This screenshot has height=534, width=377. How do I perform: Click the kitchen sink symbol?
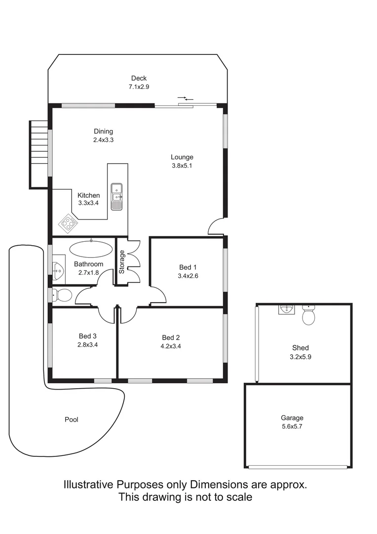pos(116,197)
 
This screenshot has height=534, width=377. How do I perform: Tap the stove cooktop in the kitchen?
pos(68,223)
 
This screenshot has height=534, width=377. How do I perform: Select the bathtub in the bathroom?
pos(91,249)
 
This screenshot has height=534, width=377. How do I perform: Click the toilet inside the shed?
pos(308,315)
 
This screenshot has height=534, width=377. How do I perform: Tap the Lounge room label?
pos(182,157)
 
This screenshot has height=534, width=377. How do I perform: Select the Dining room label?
pos(104,132)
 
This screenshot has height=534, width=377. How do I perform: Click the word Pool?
pos(72,420)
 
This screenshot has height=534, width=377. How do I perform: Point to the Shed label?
pos(300,348)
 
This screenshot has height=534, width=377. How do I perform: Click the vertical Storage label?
pos(121,262)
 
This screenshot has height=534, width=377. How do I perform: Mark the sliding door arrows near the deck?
pos(186,99)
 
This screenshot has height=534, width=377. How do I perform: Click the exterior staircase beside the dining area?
pos(38,153)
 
